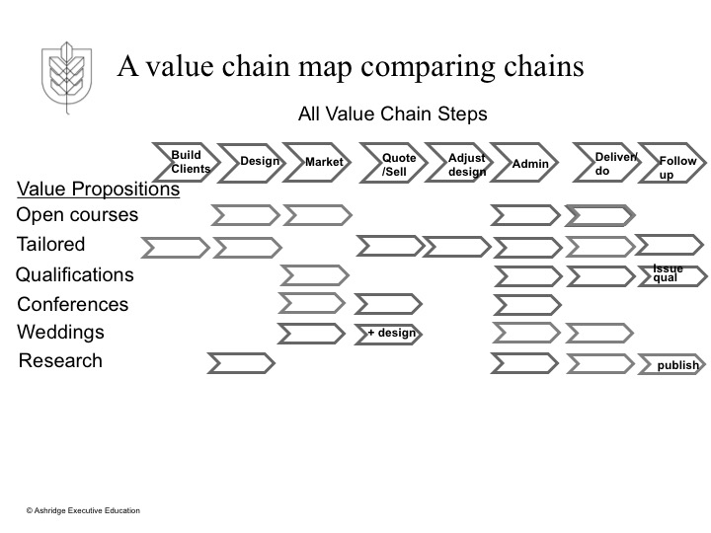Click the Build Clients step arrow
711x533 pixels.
click(x=185, y=162)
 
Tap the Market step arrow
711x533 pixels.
click(x=322, y=162)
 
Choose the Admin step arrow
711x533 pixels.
click(x=529, y=163)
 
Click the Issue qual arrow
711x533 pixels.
click(x=671, y=274)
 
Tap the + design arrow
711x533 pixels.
click(x=389, y=334)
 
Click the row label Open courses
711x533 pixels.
click(x=78, y=215)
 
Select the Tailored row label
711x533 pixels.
click(x=51, y=244)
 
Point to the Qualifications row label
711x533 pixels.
click(x=75, y=274)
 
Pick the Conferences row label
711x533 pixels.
click(x=73, y=304)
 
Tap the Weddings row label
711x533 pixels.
click(x=61, y=333)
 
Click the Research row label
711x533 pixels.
click(x=60, y=360)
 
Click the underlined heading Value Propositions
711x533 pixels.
click(x=99, y=190)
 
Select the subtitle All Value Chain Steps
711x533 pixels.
click(x=393, y=114)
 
